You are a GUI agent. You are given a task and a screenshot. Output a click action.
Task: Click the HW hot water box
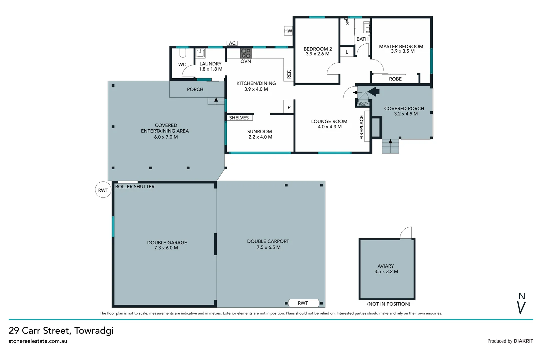288,31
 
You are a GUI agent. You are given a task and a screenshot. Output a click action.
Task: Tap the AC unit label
232,43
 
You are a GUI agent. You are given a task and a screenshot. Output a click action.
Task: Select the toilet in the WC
183,53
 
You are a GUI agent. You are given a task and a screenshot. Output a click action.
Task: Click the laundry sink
200,53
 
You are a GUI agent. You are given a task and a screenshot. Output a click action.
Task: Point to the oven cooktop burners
246,53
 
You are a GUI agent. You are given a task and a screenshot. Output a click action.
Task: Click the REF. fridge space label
289,74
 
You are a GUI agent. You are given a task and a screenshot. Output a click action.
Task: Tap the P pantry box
289,107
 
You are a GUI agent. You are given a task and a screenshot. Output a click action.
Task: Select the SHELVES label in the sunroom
239,118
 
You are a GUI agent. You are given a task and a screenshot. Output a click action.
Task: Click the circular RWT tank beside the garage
103,190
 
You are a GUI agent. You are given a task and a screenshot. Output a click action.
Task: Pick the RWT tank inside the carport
303,303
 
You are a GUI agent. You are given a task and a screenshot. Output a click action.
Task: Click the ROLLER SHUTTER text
135,187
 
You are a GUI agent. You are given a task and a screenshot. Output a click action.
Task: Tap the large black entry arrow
373,91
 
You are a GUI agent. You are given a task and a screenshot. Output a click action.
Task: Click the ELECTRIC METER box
363,104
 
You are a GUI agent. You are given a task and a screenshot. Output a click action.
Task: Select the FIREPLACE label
361,127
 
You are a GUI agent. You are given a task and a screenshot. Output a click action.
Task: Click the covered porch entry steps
390,146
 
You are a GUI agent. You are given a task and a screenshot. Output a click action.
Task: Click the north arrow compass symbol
522,304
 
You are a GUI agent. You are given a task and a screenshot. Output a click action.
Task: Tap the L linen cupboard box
347,52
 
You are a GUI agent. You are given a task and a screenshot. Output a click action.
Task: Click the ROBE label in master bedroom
395,79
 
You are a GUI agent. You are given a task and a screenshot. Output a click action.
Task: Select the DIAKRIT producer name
523,341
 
